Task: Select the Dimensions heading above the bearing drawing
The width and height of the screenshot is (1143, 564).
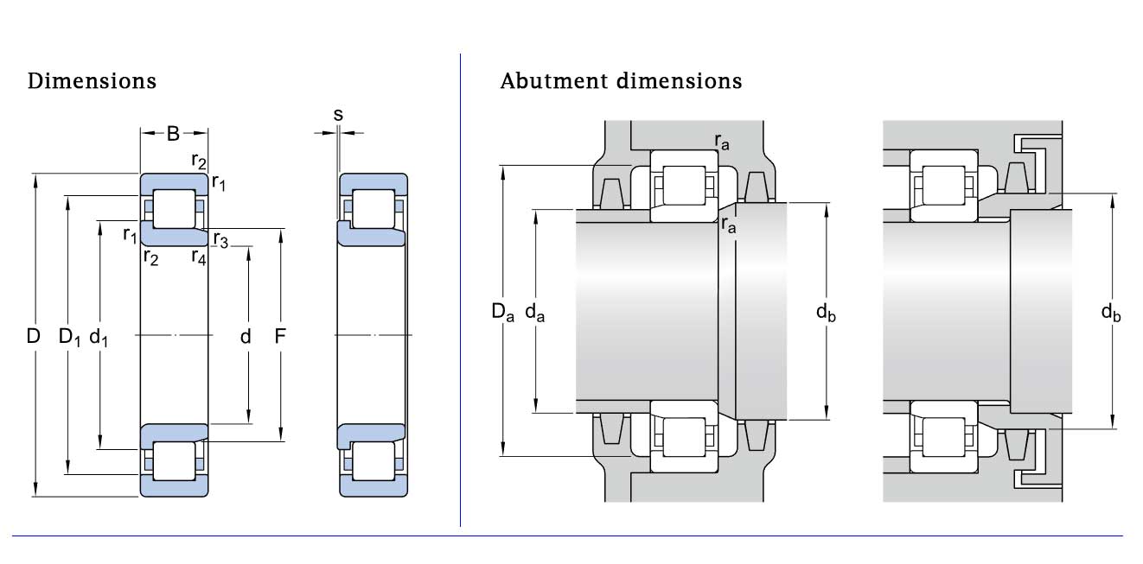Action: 93,81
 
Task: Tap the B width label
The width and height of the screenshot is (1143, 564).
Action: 173,134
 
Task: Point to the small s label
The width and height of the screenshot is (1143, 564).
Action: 338,113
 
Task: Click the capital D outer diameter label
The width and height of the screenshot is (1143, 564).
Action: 34,337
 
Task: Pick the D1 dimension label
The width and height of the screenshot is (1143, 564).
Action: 69,337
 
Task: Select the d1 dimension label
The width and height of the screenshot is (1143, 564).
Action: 100,337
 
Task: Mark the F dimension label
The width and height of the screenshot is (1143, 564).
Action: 280,337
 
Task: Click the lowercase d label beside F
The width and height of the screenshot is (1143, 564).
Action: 246,337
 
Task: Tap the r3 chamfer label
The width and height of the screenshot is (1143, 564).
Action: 220,240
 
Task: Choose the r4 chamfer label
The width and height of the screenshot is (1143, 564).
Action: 199,257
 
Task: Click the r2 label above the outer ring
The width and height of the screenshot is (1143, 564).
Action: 199,161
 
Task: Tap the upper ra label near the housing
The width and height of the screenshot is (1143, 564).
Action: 721,142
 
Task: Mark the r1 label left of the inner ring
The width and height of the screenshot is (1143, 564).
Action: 130,234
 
